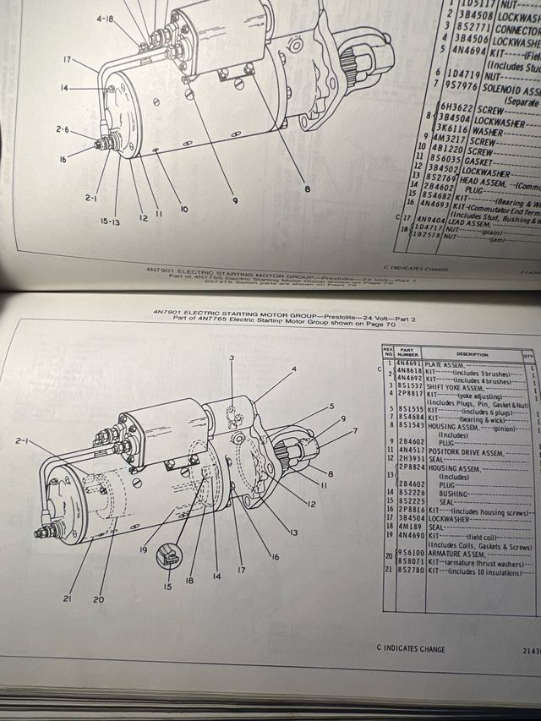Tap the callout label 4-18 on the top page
pyautogui.click(x=105, y=18)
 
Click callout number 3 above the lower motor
pyautogui.click(x=230, y=358)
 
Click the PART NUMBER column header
pyautogui.click(x=410, y=352)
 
